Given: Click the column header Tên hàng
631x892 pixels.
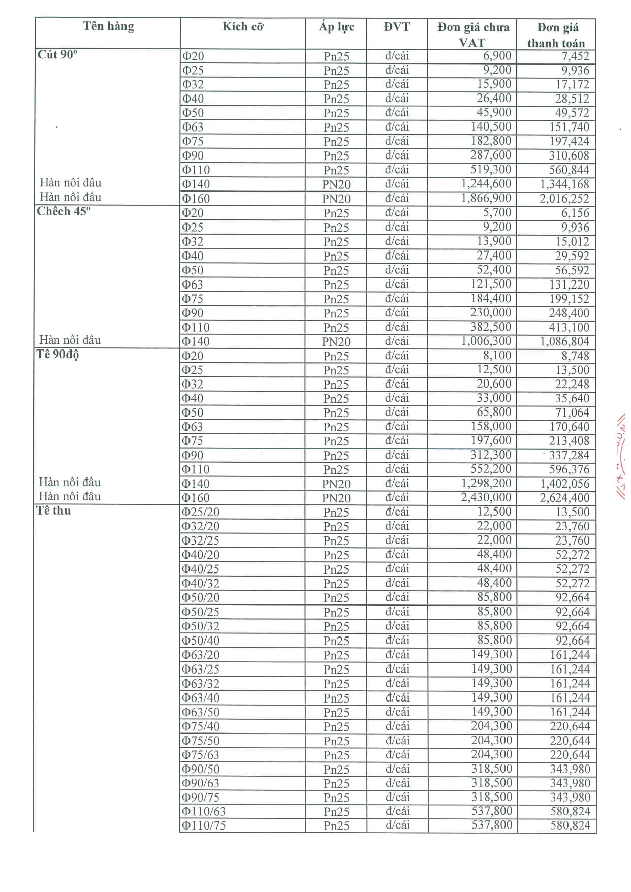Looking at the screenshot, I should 108,26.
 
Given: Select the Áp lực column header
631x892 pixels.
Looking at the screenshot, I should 336,27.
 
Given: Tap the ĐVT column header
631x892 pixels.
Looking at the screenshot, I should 397,27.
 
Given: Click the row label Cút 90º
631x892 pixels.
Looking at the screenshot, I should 57,55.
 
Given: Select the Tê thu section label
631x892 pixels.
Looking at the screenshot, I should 53,511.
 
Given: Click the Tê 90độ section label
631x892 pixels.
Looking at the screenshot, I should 57,354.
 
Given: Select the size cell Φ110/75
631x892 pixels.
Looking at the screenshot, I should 204,825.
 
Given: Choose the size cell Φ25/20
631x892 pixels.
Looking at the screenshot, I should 201,512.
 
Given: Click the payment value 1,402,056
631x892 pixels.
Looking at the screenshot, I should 564,484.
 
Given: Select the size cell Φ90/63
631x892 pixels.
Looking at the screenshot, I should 201,783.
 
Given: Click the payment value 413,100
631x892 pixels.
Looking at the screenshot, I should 569,327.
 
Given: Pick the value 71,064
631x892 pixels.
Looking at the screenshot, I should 572,412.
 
